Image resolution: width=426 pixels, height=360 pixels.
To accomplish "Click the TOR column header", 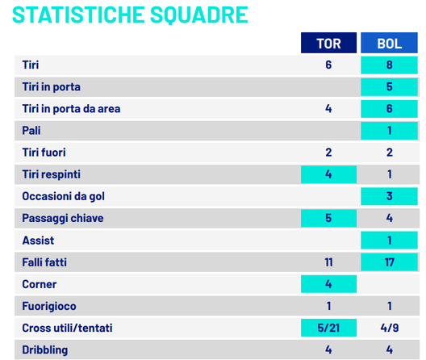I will click(x=328, y=44).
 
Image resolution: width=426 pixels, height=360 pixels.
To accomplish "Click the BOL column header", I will click(x=390, y=44).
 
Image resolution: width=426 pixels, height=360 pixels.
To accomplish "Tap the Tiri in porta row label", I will click(x=51, y=86).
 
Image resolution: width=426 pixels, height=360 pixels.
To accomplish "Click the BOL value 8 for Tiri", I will click(x=390, y=65).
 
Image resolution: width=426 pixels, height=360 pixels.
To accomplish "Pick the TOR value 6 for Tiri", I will click(x=328, y=65).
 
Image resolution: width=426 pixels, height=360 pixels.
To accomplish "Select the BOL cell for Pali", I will click(x=390, y=131).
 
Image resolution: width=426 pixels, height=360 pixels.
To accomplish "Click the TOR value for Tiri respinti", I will click(x=328, y=174).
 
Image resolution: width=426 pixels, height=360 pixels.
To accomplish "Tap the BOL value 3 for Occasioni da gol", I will click(x=390, y=196).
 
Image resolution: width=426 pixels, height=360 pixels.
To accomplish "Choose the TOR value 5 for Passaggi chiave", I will click(x=328, y=218).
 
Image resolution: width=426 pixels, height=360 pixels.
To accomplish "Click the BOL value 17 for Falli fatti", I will click(x=390, y=262).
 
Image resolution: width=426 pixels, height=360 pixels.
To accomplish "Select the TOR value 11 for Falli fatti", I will click(x=328, y=262).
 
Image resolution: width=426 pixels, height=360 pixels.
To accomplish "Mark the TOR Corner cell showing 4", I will click(x=328, y=284).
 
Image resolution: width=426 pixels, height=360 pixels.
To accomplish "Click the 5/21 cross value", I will click(x=328, y=328).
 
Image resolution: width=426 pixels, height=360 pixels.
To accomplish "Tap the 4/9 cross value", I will click(x=390, y=328).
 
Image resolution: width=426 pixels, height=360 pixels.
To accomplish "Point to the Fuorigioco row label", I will click(x=51, y=306).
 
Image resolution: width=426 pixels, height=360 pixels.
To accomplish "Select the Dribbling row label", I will click(x=46, y=350).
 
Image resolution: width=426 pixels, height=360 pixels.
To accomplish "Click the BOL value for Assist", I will click(x=390, y=241).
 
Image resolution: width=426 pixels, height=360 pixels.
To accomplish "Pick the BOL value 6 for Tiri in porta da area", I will click(x=390, y=108).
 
